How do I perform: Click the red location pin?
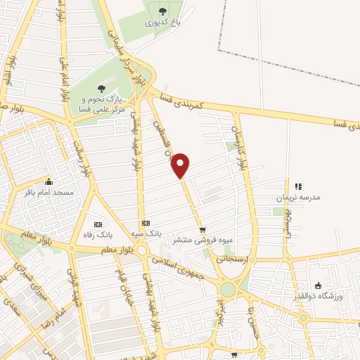pyautogui.click(x=181, y=165)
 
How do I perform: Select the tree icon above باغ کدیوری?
pyautogui.click(x=162, y=11)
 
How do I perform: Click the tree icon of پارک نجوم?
pyautogui.click(x=101, y=89)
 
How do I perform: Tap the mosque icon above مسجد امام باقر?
pyautogui.click(x=48, y=181)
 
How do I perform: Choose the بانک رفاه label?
pyautogui.click(x=98, y=234)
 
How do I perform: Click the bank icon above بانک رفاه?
pyautogui.click(x=98, y=224)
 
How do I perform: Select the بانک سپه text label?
pyautogui.click(x=148, y=232)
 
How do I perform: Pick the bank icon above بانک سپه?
pyautogui.click(x=146, y=223)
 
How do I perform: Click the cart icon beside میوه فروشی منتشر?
pyautogui.click(x=202, y=229)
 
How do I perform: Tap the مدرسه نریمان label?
pyautogui.click(x=301, y=198)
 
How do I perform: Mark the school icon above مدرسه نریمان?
pyautogui.click(x=298, y=187)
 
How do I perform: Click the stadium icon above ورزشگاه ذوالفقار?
pyautogui.click(x=318, y=285)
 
